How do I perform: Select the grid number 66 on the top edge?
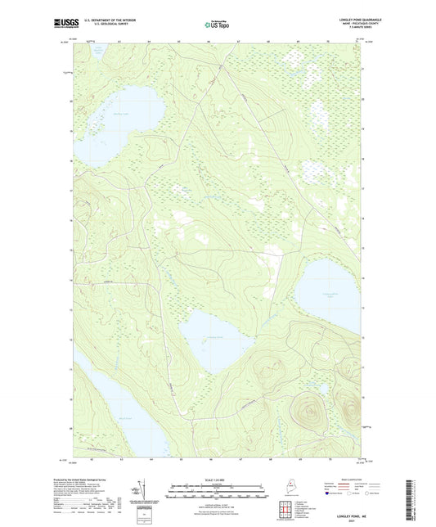tap(209, 40)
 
